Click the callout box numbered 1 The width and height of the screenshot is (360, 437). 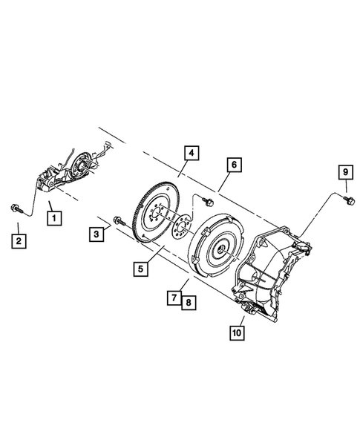(x=53, y=217)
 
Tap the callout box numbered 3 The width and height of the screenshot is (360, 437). (x=96, y=235)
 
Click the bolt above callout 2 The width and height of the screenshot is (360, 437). (x=16, y=207)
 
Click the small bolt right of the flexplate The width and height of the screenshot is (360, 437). (x=207, y=200)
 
